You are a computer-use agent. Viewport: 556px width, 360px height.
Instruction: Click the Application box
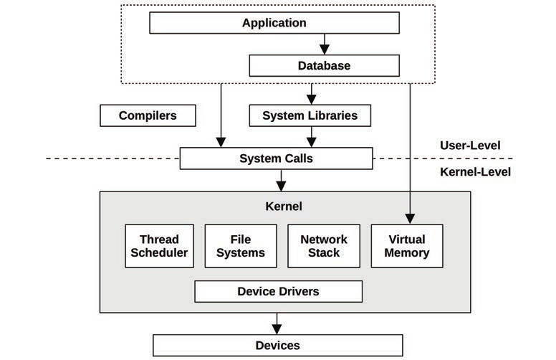pos(274,23)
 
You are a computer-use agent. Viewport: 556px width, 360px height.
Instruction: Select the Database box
pos(324,66)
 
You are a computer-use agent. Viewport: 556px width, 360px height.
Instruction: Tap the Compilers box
pos(148,115)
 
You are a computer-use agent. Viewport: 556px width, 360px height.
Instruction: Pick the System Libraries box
pos(310,115)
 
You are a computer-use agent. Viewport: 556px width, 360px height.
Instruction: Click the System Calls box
pos(275,158)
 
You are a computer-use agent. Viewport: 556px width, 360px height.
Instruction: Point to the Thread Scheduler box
pos(159,246)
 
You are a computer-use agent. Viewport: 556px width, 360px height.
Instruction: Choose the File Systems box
pos(241,246)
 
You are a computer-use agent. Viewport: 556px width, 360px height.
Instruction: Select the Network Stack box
pos(323,246)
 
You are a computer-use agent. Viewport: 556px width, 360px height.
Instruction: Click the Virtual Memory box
pos(407,246)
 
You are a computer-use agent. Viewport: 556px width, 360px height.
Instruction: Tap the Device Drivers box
pos(278,291)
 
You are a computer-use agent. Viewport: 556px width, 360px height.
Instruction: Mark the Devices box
pos(278,346)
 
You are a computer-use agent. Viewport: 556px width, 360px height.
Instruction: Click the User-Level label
pos(470,146)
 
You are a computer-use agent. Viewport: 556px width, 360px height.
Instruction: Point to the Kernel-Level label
pos(474,172)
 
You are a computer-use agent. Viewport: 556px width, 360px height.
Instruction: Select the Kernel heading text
pos(284,207)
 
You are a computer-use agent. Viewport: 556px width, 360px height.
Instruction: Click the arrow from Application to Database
pos(324,44)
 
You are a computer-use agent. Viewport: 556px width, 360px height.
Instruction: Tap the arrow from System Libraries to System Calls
pos(310,136)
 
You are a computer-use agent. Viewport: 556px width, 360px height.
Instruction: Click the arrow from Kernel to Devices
pos(278,323)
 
